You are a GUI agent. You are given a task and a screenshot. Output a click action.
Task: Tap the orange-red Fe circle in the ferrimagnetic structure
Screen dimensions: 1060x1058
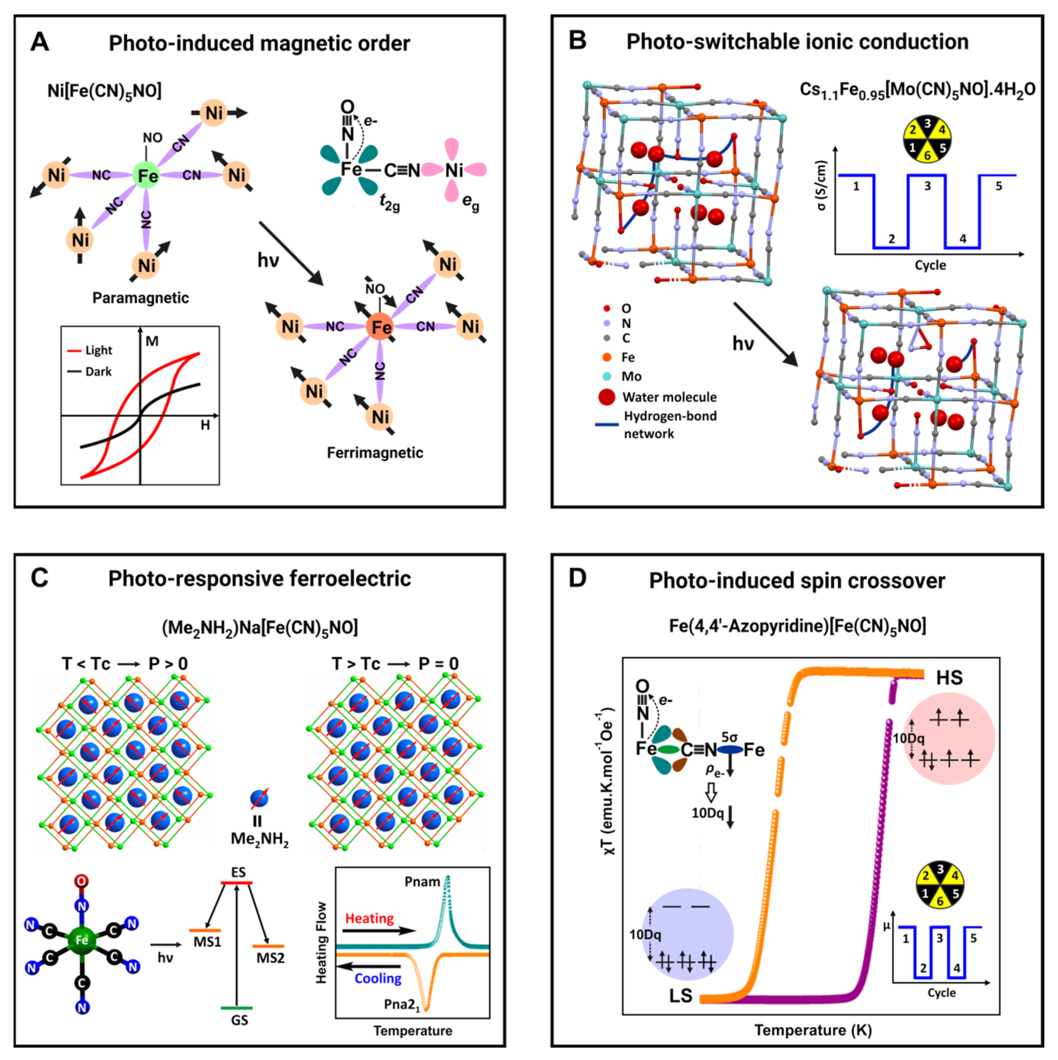[381, 327]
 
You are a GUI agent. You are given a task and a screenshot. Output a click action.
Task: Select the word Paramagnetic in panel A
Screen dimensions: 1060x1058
[140, 298]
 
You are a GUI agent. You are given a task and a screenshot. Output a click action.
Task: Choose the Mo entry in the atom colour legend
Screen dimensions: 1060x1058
[631, 376]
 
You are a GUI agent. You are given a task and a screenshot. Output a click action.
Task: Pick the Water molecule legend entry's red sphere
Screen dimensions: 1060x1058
[607, 397]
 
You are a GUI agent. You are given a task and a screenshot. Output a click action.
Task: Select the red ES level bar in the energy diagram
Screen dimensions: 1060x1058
[236, 883]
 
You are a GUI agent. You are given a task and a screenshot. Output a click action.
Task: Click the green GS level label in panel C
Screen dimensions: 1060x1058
[239, 1020]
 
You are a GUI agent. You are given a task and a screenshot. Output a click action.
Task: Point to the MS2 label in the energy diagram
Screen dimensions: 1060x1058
[271, 958]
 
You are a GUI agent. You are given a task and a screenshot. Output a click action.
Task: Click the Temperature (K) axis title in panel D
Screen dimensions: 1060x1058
[812, 1030]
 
